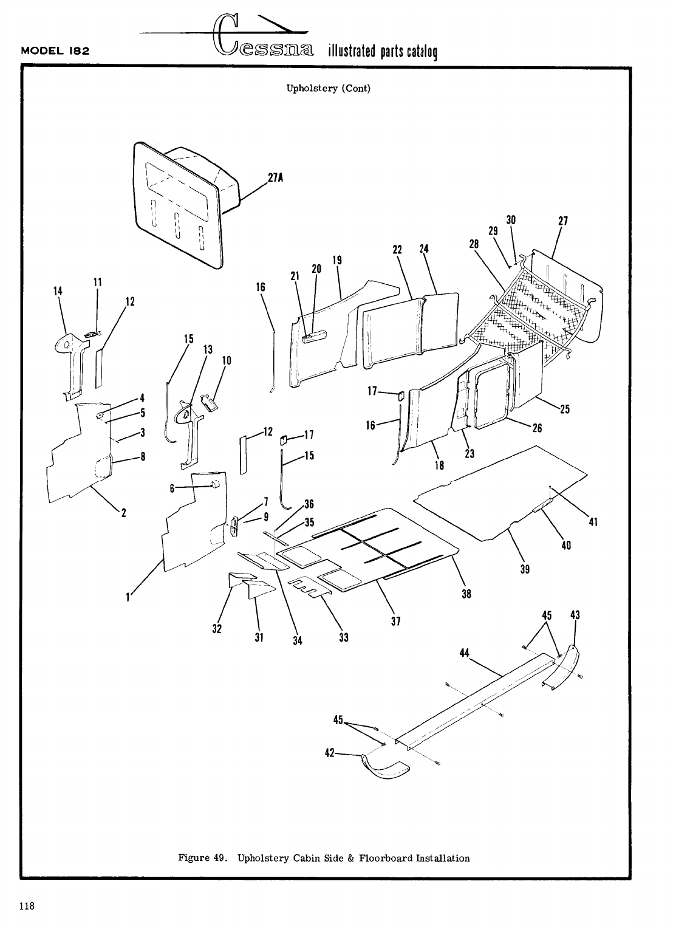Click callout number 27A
tap(275, 178)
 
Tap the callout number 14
tap(58, 291)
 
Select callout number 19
tap(337, 260)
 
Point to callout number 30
tap(511, 220)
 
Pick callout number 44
tap(466, 653)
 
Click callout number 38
tap(466, 595)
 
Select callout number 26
tap(536, 428)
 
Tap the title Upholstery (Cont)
tap(328, 88)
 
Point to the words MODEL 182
tap(55, 51)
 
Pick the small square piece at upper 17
tap(401, 396)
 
